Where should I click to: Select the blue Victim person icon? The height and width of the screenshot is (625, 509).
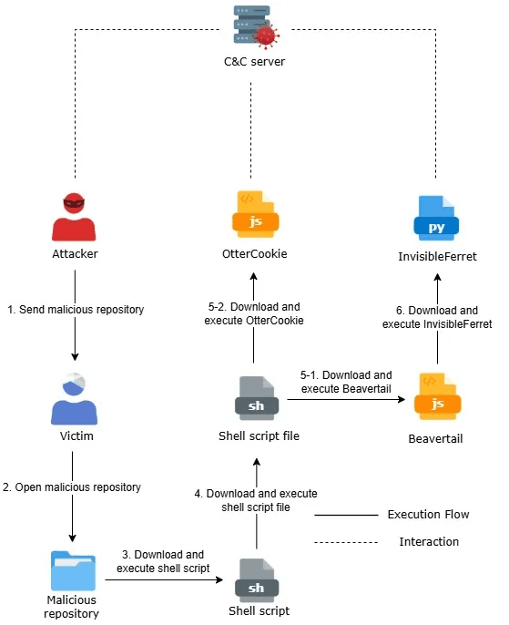pyautogui.click(x=72, y=399)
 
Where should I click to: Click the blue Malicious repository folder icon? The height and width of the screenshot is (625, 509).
pyautogui.click(x=72, y=569)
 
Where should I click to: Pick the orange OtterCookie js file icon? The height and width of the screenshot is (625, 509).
pyautogui.click(x=254, y=214)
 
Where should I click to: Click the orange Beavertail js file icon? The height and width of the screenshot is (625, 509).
pyautogui.click(x=436, y=398)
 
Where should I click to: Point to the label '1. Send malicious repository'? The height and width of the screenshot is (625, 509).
pyautogui.click(x=76, y=310)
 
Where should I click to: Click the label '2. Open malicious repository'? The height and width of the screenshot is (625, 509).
pyautogui.click(x=72, y=487)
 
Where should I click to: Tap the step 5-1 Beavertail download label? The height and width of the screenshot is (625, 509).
pyautogui.click(x=346, y=381)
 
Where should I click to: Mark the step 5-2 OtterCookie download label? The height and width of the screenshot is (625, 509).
pyautogui.click(x=254, y=313)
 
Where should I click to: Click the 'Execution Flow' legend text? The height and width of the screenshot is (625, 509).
pyautogui.click(x=428, y=515)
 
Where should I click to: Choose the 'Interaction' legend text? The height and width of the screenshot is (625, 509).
pyautogui.click(x=428, y=542)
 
